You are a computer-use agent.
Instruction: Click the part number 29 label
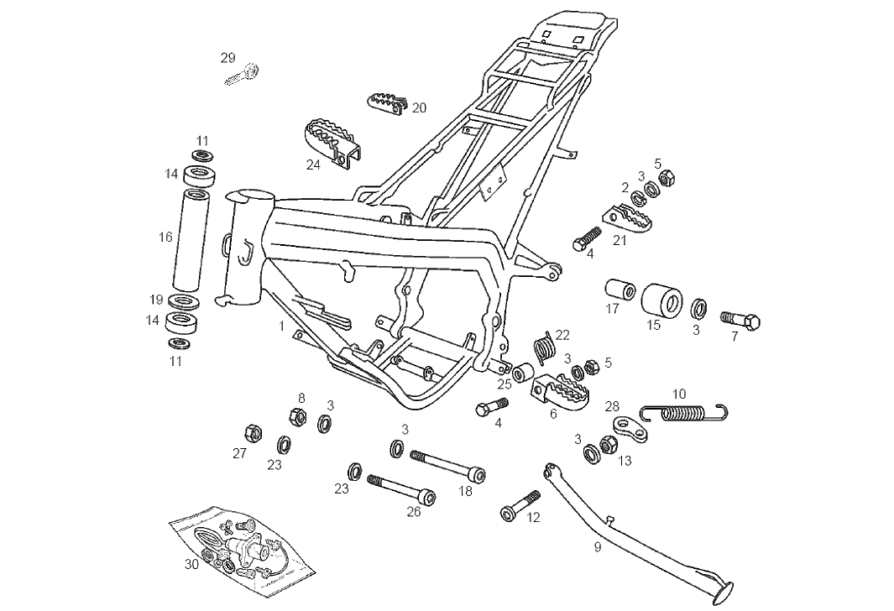coord(227,58)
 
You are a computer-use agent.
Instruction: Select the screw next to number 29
coord(243,75)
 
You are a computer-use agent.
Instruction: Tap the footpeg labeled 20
coord(387,102)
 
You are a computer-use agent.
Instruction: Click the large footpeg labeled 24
coord(332,143)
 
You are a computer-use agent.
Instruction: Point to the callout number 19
coord(156,300)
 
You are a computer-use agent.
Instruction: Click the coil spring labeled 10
coord(684,411)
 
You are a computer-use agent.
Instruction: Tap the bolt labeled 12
coord(520,504)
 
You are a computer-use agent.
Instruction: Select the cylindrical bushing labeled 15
coord(661,301)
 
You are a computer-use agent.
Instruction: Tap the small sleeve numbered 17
coord(620,290)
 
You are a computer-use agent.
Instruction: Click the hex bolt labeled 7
coord(740,320)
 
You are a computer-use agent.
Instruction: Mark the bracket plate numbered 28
coord(630,429)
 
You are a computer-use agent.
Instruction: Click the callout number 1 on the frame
coord(282,325)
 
